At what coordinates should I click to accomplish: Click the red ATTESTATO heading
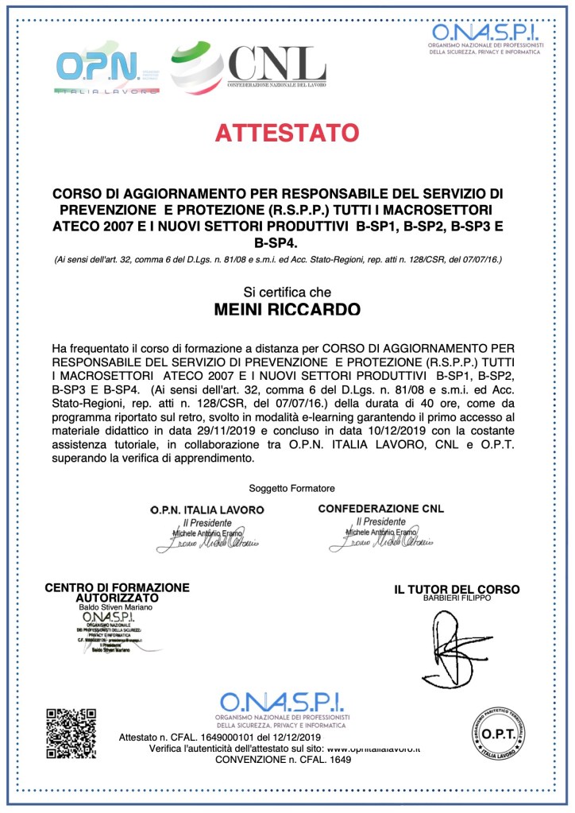287,132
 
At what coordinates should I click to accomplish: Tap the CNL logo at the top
249,64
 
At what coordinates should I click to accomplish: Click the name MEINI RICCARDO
287,309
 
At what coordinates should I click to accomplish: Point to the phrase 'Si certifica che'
287,292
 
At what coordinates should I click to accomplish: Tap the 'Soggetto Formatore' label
291,487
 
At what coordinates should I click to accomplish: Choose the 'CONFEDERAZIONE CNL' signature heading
381,509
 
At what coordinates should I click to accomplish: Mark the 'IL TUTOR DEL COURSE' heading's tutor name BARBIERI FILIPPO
457,598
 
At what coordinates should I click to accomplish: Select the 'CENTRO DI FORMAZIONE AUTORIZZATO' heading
117,592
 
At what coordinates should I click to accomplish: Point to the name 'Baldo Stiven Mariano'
116,607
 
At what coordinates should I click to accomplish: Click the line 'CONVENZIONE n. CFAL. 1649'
283,760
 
